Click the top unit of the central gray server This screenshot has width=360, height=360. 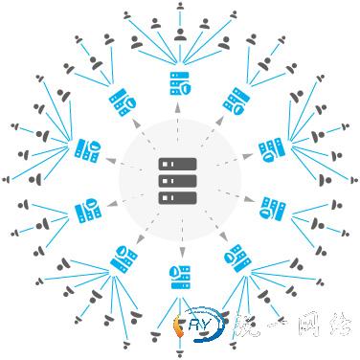178,164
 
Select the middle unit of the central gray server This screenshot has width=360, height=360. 178,180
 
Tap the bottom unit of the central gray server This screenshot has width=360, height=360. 178,196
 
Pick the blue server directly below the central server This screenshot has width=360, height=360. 178,278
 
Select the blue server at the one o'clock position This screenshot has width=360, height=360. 235,100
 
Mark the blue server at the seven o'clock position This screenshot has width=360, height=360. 123,259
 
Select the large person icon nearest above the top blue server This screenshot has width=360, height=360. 179,35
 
